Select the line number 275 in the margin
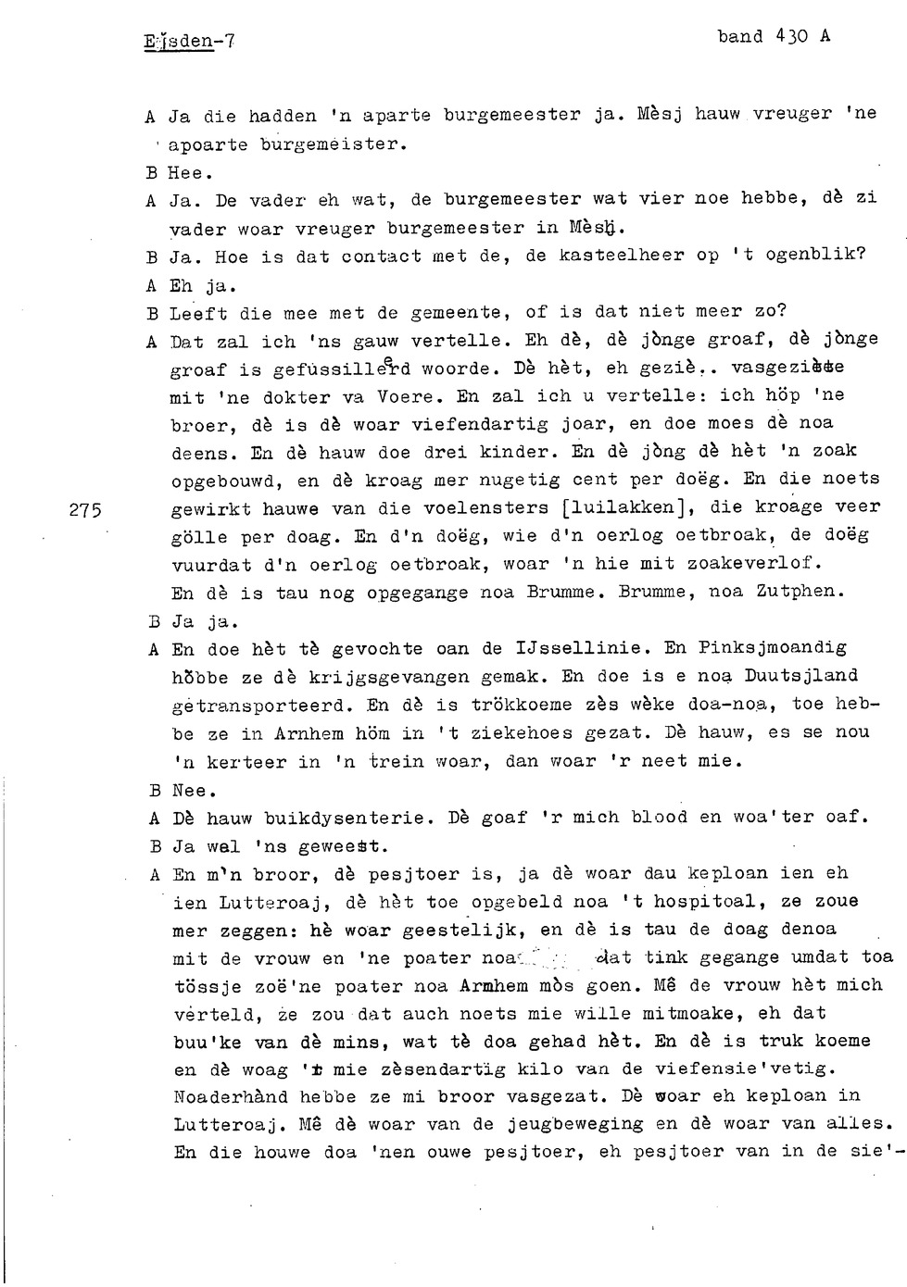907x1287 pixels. click(x=85, y=508)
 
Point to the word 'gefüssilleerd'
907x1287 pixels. click(x=331, y=369)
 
